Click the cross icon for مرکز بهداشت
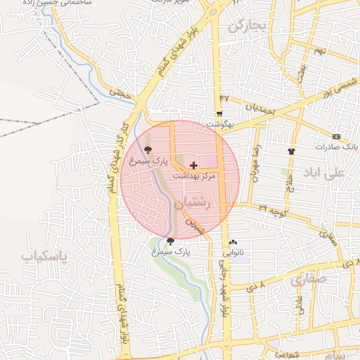point(194,165)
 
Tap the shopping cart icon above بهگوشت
point(220,114)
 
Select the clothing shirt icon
point(292,151)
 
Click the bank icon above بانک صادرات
point(337,136)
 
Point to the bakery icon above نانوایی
point(233,242)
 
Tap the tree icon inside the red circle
point(148,150)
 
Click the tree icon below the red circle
point(170,240)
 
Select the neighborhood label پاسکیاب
point(44,256)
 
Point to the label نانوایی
point(234,252)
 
